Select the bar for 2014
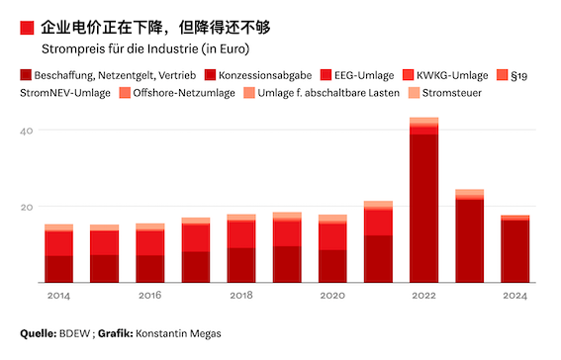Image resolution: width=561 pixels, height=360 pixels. coord(59,254)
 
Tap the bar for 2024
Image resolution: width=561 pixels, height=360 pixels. coord(514,249)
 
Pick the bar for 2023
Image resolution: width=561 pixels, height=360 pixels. coord(469,236)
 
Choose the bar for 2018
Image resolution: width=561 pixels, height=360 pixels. coord(241,249)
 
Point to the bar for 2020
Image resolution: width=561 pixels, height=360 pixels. coord(332,249)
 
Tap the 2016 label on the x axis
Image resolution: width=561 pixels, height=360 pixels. coord(150,296)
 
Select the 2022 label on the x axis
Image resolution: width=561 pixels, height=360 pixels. coord(423,296)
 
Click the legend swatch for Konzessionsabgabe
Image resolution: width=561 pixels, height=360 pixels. coord(211,74)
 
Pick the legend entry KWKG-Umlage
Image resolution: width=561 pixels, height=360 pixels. coord(453,74)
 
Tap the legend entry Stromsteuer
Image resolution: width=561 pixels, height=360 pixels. coord(454,93)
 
